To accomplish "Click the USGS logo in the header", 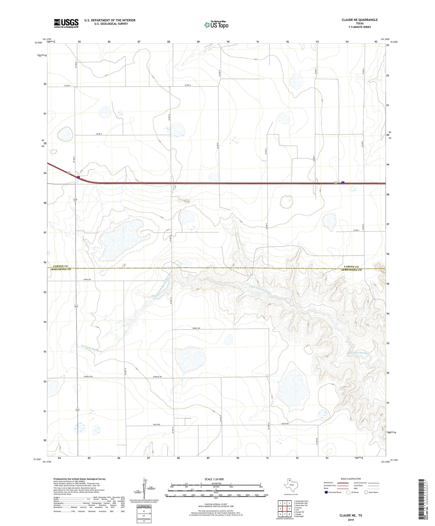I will (x=66, y=23).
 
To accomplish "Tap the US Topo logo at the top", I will (x=216, y=25).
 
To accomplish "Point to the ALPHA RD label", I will (x=87, y=279).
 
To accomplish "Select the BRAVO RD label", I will (x=197, y=328).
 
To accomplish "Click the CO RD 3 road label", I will (x=99, y=134).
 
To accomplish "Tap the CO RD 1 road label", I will (x=356, y=230).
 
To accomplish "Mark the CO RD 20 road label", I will (x=317, y=442).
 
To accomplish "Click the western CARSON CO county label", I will (x=61, y=266).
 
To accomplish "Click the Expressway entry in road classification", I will (x=329, y=483).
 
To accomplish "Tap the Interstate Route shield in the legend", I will (x=326, y=492).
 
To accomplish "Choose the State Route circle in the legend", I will (x=366, y=492).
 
